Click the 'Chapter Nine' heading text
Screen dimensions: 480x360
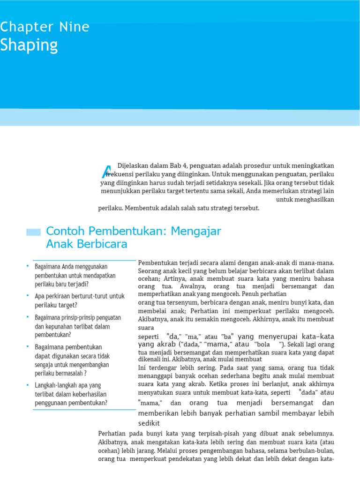[45, 27]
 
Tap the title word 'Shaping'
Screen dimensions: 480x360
[29, 45]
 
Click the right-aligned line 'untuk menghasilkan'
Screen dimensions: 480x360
[305, 199]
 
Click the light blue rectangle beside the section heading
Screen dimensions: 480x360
[33, 232]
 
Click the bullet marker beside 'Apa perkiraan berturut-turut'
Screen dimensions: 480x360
[28, 295]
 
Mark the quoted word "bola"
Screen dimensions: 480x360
[262, 344]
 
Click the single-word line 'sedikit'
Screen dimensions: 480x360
[149, 423]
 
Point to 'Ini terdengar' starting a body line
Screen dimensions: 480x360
[157, 368]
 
